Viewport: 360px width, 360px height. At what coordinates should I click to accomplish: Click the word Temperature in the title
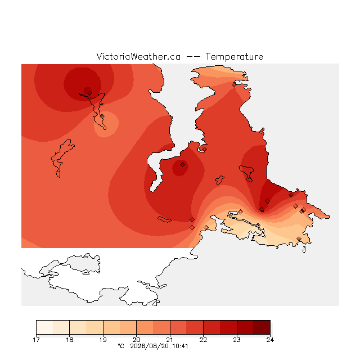pyautogui.click(x=234, y=57)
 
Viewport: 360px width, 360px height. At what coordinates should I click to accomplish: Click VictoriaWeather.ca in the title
pyautogui.click(x=138, y=56)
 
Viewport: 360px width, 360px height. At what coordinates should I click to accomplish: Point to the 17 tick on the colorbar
pyautogui.click(x=36, y=340)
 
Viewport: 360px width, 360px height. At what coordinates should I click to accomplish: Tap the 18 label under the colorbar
pyautogui.click(x=70, y=340)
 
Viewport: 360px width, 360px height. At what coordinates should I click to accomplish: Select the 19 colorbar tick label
pyautogui.click(x=103, y=340)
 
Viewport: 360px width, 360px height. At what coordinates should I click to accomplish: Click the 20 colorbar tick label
pyautogui.click(x=136, y=340)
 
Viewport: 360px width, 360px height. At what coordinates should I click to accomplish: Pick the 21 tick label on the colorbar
pyautogui.click(x=170, y=340)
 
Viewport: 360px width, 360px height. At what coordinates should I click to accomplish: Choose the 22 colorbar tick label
pyautogui.click(x=203, y=340)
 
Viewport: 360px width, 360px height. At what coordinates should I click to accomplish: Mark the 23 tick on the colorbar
pyautogui.click(x=237, y=340)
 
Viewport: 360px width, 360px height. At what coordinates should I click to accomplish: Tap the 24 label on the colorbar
pyautogui.click(x=270, y=340)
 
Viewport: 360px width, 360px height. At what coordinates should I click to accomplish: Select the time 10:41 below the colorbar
pyautogui.click(x=180, y=346)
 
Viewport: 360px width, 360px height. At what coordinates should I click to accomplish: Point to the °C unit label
pyautogui.click(x=121, y=346)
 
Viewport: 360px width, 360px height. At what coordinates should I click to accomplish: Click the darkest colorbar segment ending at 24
pyautogui.click(x=262, y=327)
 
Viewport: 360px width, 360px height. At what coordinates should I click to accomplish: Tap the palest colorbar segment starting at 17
pyautogui.click(x=44, y=327)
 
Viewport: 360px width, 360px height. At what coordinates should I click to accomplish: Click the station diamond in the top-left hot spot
pyautogui.click(x=90, y=93)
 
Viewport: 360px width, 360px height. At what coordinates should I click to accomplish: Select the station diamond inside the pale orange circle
pyautogui.click(x=102, y=116)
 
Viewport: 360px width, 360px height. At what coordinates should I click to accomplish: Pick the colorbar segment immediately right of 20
pyautogui.click(x=145, y=327)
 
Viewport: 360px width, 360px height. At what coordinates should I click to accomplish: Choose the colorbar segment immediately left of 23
pyautogui.click(x=228, y=327)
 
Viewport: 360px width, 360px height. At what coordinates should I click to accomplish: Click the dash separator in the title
pyautogui.click(x=193, y=57)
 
